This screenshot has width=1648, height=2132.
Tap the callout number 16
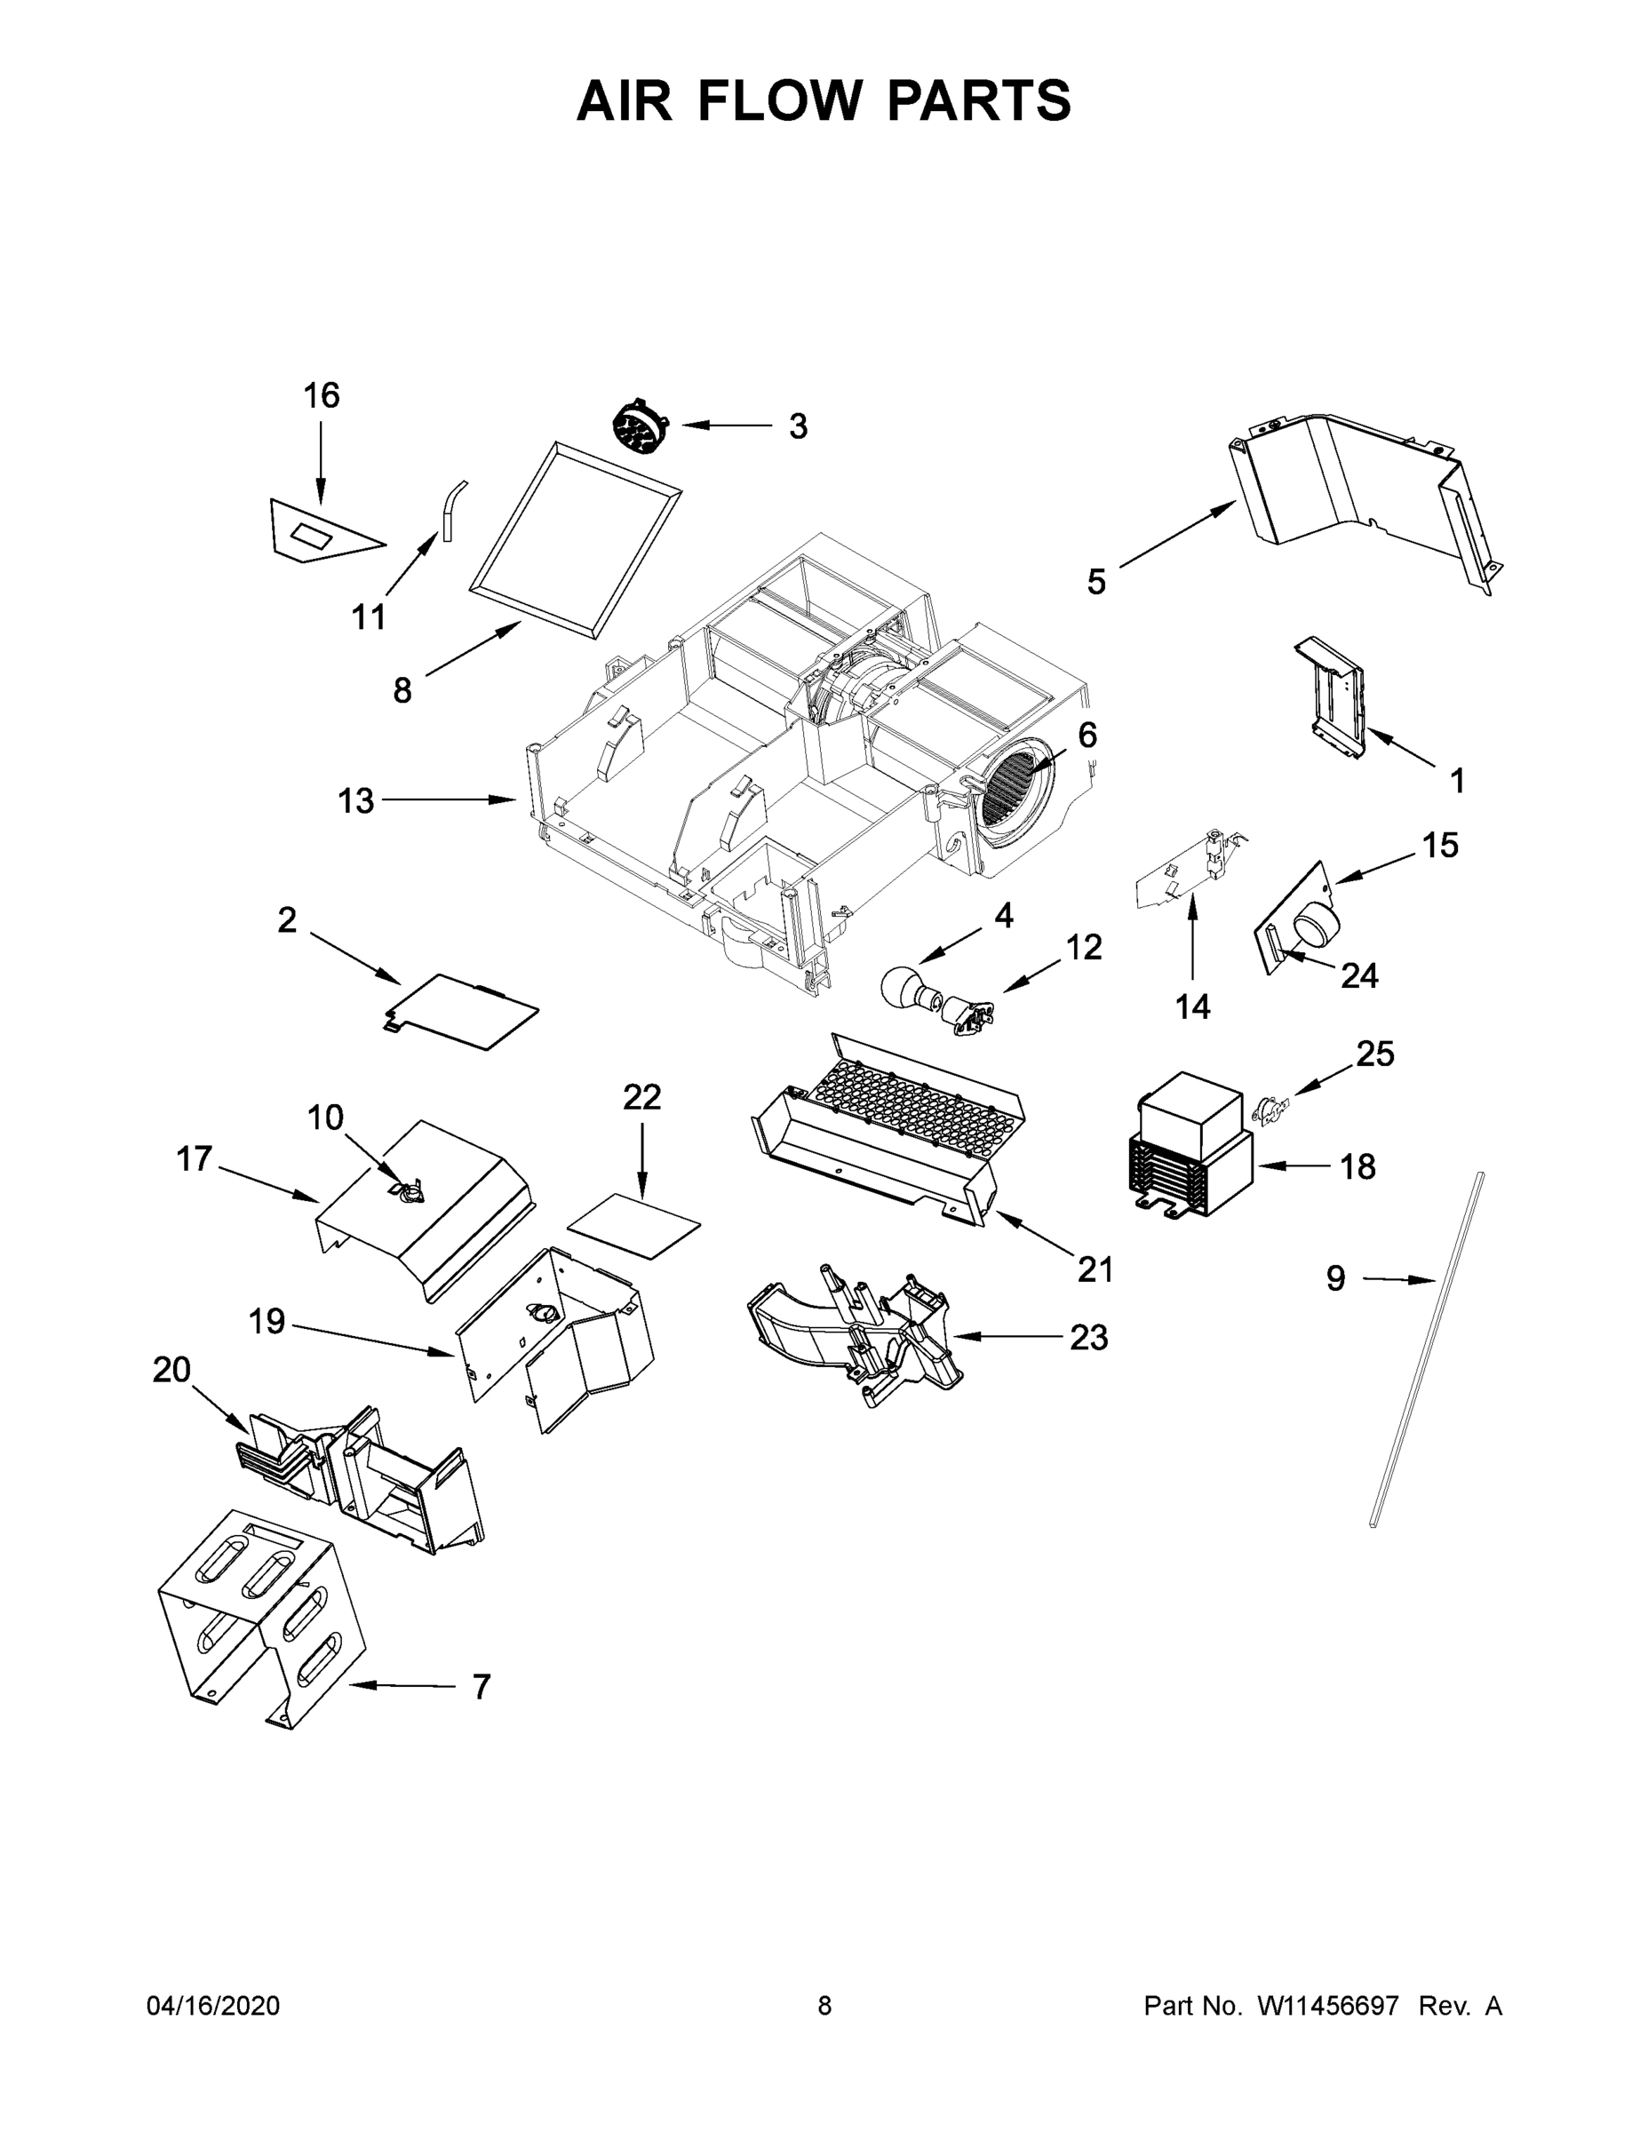point(322,396)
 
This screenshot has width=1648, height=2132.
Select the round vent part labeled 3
point(640,427)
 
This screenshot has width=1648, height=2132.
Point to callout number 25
point(1374,1054)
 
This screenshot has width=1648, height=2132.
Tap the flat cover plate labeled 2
point(461,1011)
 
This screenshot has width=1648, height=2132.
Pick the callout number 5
point(1095,583)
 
